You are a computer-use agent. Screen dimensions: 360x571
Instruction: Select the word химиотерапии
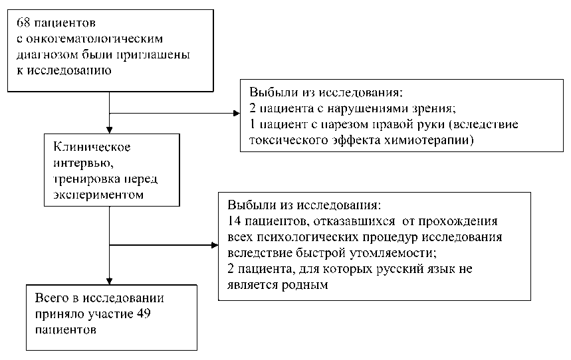coord(435,139)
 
